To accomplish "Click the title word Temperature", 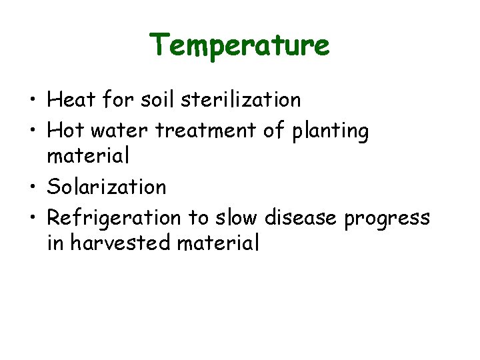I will coord(239,45).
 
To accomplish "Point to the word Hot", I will coord(66,131).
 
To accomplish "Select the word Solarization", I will coord(107,187).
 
